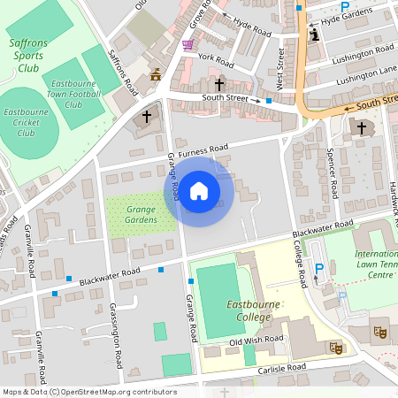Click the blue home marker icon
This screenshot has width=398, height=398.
(x=199, y=190)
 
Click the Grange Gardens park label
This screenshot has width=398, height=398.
(x=141, y=214)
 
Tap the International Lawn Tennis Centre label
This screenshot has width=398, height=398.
(x=375, y=264)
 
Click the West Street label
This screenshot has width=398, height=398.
(x=280, y=68)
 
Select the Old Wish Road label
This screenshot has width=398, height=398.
(x=256, y=341)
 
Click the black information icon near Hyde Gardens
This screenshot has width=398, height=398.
(x=316, y=34)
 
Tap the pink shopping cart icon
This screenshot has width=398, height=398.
(x=188, y=44)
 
